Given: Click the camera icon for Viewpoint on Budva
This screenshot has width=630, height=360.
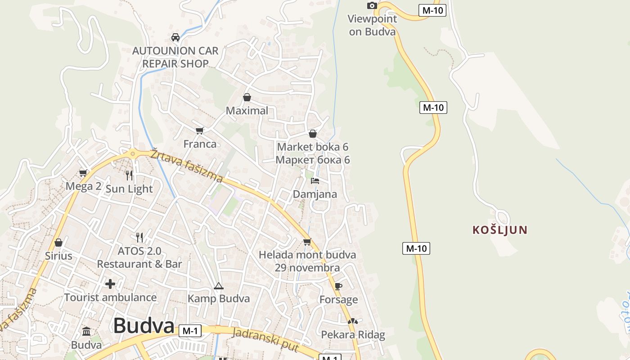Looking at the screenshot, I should point(372,5).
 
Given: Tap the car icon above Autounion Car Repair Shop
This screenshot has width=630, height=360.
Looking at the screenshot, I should point(175,37).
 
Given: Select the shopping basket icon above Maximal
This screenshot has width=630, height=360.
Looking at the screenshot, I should point(247,97).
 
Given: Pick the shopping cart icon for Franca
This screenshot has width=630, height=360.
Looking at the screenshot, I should point(200,130).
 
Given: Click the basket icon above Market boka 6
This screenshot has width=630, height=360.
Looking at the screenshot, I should point(313,134).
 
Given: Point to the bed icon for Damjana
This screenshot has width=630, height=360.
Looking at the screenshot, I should point(315,181).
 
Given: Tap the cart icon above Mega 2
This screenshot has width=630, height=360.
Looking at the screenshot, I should point(83,173).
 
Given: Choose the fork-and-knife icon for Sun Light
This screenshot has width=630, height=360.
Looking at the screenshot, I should point(130,175).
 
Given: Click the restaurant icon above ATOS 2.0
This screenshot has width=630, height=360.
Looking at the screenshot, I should point(139,237).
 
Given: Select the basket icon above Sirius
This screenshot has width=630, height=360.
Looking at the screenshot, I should point(58,243).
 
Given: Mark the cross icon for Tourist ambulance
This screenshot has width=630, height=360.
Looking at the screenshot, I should point(110,284).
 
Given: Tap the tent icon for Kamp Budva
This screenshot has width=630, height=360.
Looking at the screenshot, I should point(219,286).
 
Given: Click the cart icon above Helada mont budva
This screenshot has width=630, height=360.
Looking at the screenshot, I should point(307,242).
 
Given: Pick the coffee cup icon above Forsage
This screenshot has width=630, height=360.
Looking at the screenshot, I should point(338,286).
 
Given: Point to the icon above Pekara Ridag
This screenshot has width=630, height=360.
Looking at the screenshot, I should point(353,322).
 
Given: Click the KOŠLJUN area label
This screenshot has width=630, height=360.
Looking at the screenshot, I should point(500,230).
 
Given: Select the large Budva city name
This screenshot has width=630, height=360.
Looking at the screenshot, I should point(144,325).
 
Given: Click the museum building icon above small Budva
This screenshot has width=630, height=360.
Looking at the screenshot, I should point(86,332).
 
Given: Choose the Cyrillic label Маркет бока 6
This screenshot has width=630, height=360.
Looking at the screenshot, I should point(313,160).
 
